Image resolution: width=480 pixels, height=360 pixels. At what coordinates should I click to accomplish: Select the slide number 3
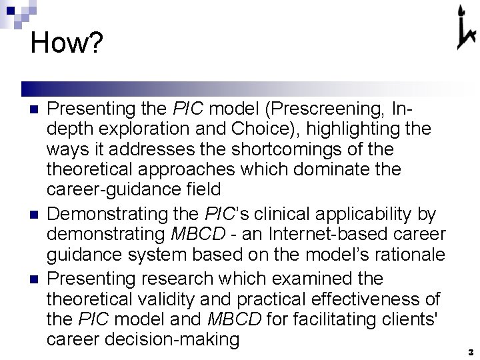point(470,351)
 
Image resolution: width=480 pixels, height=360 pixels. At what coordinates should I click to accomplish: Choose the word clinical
point(259,214)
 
